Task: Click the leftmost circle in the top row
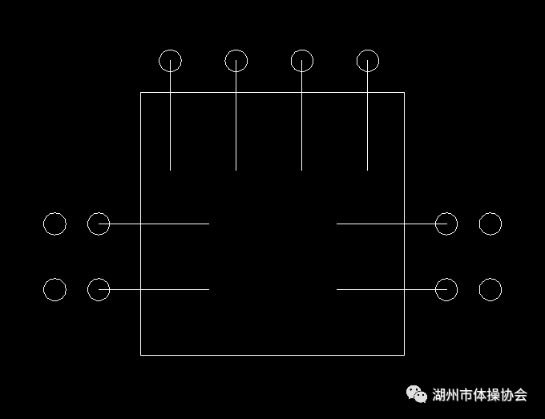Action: click(x=170, y=60)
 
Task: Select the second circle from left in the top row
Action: click(x=236, y=60)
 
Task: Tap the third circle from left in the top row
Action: click(x=301, y=60)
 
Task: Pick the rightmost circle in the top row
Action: click(x=367, y=60)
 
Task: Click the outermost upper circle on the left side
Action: click(x=54, y=224)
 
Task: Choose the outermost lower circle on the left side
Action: click(x=54, y=289)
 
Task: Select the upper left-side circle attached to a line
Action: click(x=99, y=224)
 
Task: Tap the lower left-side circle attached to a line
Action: click(x=99, y=289)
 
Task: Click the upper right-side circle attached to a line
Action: click(x=446, y=224)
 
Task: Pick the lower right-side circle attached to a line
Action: click(x=446, y=289)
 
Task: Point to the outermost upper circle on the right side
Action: click(x=490, y=224)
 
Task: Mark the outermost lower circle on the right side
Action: click(x=490, y=289)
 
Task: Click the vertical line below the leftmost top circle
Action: click(x=170, y=128)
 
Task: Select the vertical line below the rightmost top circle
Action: click(x=367, y=128)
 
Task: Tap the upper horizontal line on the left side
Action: click(x=160, y=224)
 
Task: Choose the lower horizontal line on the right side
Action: click(x=385, y=289)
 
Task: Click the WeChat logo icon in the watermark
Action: click(x=417, y=393)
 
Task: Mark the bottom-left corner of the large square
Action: click(x=141, y=354)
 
